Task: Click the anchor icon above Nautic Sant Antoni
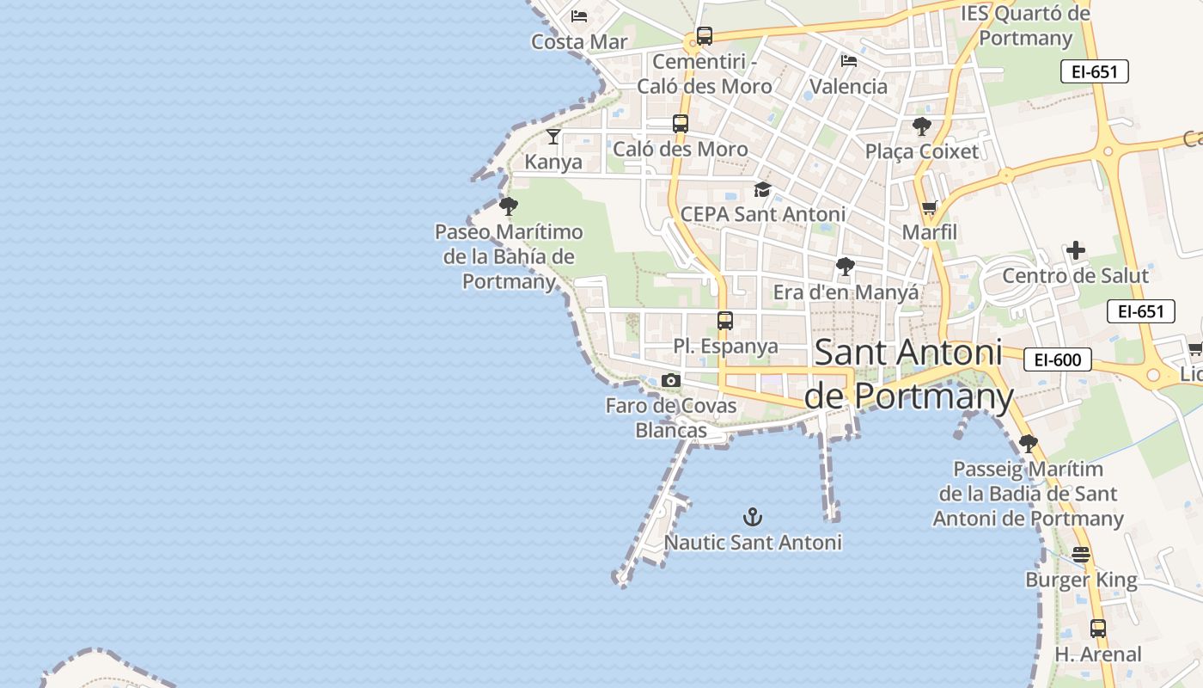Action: (753, 517)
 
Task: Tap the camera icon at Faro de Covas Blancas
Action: (672, 380)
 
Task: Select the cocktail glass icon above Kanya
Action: (553, 136)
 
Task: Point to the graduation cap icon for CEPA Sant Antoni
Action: (762, 189)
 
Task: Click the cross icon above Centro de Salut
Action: (1076, 250)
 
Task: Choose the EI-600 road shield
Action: (1057, 360)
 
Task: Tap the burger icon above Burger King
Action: (1081, 555)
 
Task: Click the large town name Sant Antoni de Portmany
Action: (909, 374)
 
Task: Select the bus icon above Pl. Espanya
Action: (725, 321)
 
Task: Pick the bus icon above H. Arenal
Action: (1098, 629)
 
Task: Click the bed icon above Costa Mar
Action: (579, 16)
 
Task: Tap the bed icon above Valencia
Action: (849, 61)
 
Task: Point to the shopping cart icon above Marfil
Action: (929, 207)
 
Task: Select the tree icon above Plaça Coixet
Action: (922, 126)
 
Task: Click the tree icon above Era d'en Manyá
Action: (846, 267)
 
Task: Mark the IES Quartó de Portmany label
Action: (1025, 26)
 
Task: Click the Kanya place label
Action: (553, 162)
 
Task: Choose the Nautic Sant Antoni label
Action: (753, 543)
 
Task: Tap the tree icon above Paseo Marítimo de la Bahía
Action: (509, 206)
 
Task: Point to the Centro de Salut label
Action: (1075, 276)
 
